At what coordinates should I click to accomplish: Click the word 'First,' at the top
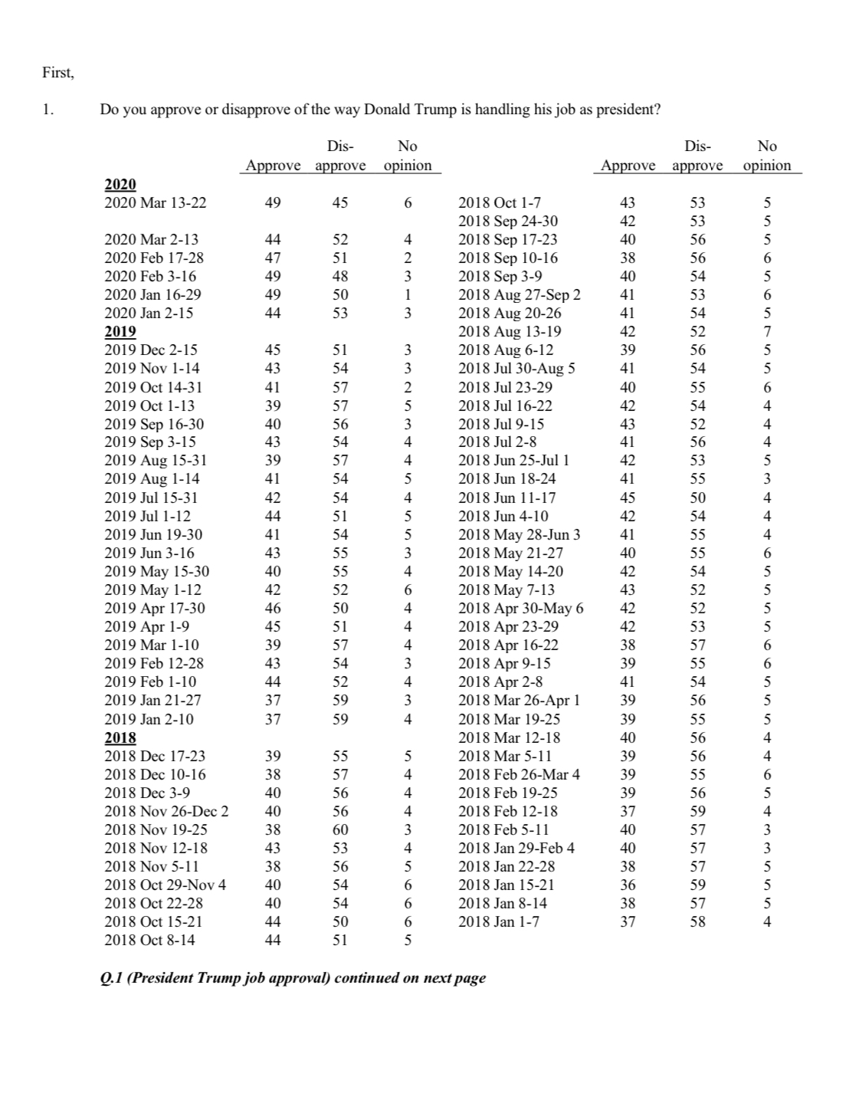57,74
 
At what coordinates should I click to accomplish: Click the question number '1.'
48,109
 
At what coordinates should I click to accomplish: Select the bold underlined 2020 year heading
120,184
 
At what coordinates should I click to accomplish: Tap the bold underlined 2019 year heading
120,331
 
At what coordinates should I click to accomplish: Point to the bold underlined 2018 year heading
120,737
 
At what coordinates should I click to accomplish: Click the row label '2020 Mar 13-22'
155,202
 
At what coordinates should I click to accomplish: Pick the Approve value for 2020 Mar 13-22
272,202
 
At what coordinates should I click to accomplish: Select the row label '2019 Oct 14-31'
153,387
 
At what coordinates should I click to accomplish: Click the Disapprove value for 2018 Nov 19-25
340,829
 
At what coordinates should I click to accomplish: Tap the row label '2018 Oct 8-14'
149,940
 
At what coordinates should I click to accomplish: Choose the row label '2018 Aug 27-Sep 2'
519,294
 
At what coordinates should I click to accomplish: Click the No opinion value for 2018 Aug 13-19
767,331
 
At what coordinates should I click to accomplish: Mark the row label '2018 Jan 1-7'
498,921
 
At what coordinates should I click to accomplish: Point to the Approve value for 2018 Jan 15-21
627,885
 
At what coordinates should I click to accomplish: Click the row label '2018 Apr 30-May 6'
520,608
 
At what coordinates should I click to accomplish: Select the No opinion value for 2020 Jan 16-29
408,294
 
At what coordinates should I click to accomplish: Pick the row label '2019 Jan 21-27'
152,700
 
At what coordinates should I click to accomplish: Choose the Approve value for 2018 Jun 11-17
627,497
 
